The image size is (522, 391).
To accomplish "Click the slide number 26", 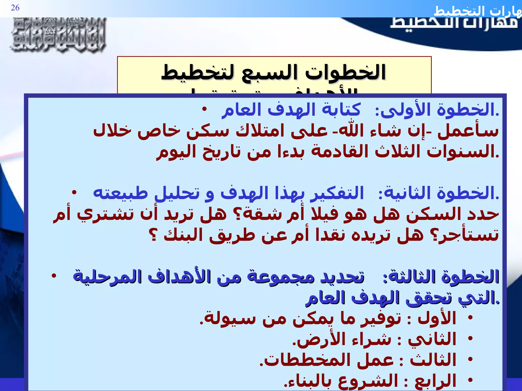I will click(15, 8).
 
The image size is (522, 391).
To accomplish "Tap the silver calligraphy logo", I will click(58, 35).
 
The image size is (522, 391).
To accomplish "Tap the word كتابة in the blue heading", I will click(342, 110).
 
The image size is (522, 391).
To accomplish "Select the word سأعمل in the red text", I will click(468, 131).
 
